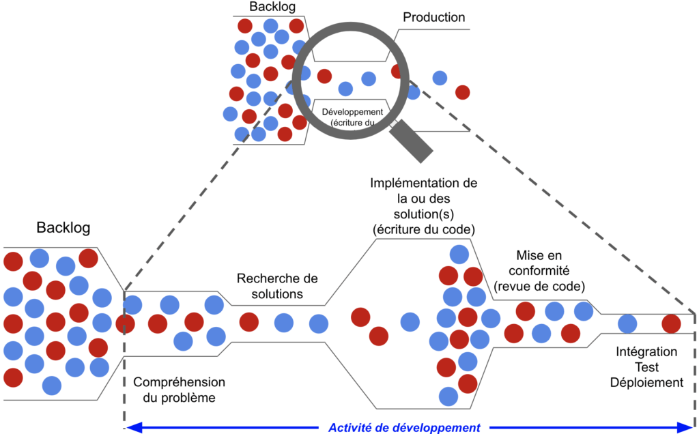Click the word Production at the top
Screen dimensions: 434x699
434,18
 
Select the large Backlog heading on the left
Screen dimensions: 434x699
63,227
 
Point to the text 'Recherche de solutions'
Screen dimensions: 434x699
277,287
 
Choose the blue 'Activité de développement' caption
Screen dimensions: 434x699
404,428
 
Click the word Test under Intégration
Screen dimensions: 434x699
646,367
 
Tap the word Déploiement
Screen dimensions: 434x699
647,382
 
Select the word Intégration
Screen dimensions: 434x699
646,352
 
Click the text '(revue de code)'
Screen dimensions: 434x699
539,286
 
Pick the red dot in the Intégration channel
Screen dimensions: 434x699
672,323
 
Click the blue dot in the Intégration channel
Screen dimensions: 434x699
628,323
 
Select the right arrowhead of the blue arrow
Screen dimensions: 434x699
686,428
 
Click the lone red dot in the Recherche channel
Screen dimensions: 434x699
248,322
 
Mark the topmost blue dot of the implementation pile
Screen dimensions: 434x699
459,255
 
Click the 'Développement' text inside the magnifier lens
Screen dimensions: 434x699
352,111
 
